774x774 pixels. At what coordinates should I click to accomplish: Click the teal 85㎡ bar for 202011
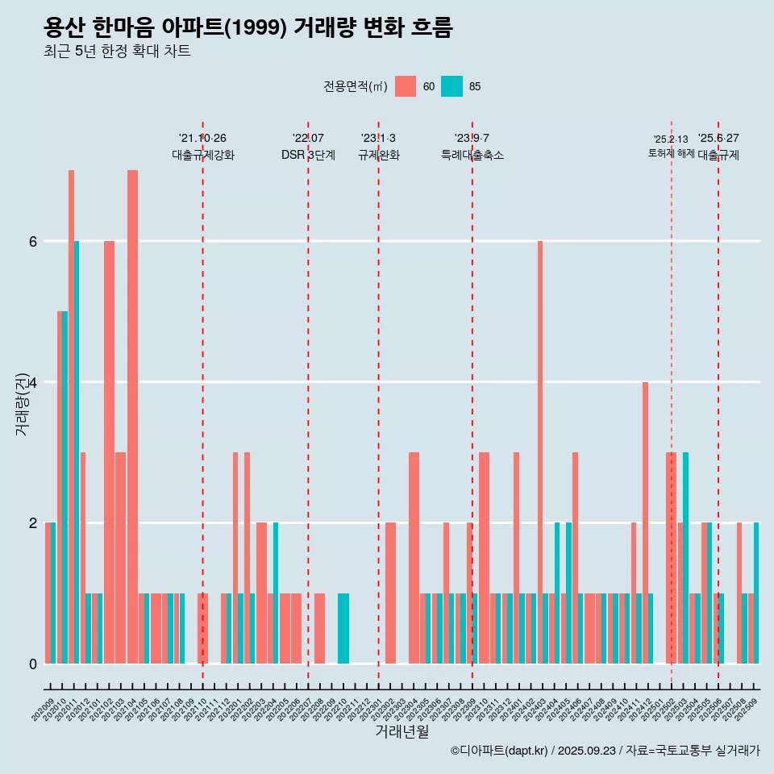[x=77, y=451]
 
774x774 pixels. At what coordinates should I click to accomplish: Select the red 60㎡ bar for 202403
[x=540, y=451]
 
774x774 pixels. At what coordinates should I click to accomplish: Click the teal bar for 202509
[x=756, y=593]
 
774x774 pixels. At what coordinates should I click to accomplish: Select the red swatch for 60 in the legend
[x=406, y=86]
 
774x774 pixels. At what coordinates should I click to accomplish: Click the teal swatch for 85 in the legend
[x=451, y=86]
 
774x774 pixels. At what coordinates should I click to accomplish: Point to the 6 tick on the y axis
[x=32, y=241]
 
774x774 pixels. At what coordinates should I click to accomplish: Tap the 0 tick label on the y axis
[x=32, y=664]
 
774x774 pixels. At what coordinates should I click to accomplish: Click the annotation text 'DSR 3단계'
[x=308, y=155]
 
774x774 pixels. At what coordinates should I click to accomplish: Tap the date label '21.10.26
[x=202, y=138]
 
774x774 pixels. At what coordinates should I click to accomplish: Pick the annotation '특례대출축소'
[x=472, y=155]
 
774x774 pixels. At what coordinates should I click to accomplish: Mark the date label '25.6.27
[x=718, y=138]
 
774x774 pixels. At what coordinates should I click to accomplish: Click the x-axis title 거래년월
[x=402, y=731]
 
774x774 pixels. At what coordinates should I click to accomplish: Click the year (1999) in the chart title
[x=255, y=29]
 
